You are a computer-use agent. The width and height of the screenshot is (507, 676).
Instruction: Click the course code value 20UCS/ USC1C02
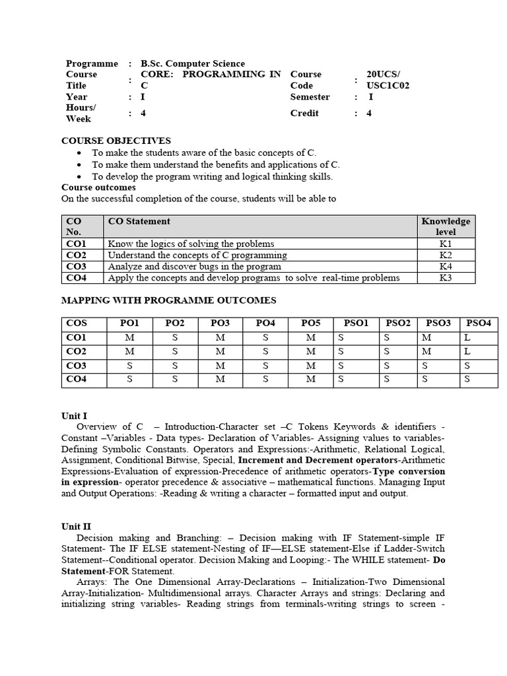388,80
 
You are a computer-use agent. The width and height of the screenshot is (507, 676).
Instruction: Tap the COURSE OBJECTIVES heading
116,141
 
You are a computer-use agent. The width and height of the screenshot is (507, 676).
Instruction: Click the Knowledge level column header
446,226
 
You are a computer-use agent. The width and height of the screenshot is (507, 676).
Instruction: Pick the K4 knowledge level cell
446,267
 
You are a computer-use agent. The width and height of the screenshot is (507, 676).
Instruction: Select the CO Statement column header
139,221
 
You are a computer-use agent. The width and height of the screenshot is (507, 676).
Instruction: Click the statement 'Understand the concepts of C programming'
197,255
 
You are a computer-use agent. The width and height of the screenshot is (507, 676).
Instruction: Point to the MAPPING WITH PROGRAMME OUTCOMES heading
168,300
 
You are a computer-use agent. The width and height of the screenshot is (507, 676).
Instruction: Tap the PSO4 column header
478,323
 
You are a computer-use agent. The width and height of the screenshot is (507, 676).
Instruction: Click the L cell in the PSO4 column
467,337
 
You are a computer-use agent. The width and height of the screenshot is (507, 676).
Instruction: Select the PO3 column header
220,323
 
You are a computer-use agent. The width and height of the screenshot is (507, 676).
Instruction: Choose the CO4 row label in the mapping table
77,379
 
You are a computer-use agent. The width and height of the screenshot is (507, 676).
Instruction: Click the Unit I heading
74,416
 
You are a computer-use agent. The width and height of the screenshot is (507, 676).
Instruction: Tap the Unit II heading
76,526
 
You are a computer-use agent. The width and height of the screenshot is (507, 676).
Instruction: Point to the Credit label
304,113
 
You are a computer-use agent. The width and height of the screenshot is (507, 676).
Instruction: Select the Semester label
310,97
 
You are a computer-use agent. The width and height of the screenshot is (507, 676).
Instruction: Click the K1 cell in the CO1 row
446,244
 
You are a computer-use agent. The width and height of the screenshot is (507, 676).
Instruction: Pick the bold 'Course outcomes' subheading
98,187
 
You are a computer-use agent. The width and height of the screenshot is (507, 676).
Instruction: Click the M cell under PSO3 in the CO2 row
427,351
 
